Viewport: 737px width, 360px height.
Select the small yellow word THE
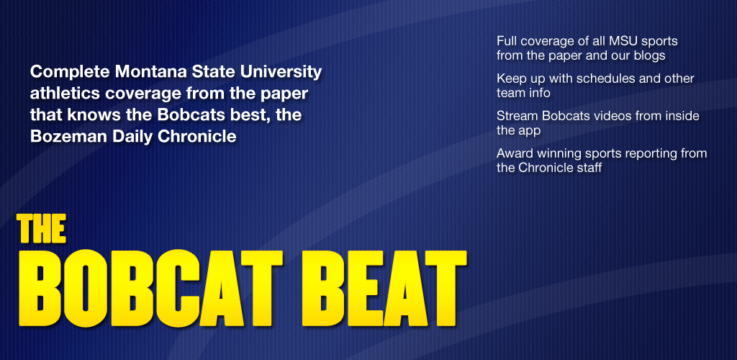coord(41,229)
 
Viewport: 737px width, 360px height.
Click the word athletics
coord(65,93)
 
